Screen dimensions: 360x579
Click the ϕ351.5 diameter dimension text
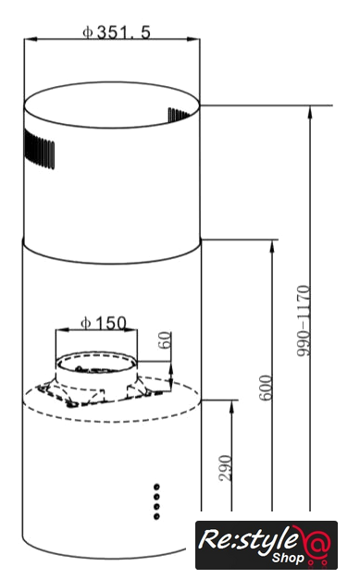tap(117, 32)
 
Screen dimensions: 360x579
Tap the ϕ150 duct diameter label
tap(104, 323)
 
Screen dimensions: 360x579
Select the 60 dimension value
tap(165, 340)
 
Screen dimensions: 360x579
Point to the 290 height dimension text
tap(225, 468)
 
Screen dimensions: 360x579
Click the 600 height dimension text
tap(266, 388)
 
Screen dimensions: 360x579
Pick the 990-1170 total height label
tap(304, 321)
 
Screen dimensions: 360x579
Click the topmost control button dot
tap(156, 487)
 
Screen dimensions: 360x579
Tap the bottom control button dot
tap(156, 516)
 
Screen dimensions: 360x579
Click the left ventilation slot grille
tap(39, 149)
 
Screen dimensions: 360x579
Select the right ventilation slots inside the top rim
tap(179, 115)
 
